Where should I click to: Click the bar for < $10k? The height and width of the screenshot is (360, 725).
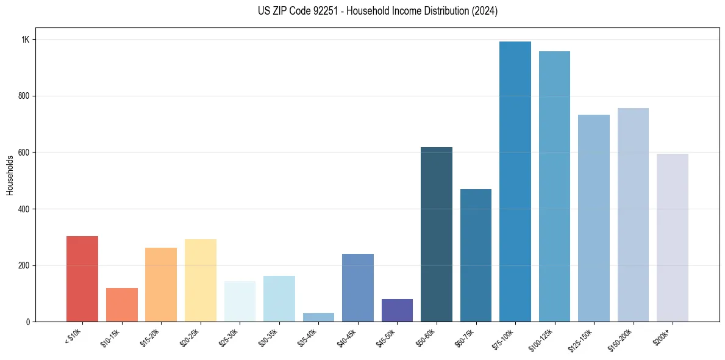click(x=82, y=279)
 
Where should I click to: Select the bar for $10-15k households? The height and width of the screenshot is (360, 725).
click(x=121, y=304)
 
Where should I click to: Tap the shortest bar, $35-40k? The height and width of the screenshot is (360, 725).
click(x=318, y=317)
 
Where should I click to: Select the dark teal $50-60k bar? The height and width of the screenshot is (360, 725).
click(x=437, y=234)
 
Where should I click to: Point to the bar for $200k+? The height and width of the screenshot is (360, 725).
click(x=673, y=238)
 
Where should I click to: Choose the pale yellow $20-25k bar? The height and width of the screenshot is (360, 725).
click(x=201, y=280)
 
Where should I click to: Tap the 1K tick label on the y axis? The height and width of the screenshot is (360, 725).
click(x=25, y=40)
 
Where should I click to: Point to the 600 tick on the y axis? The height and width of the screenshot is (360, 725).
click(x=24, y=153)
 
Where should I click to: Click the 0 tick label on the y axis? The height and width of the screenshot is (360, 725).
click(x=27, y=322)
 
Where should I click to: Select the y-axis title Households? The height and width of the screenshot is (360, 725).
click(x=10, y=175)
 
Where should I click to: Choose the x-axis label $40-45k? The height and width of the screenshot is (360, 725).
click(x=347, y=337)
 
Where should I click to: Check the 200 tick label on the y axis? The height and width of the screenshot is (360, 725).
click(x=24, y=266)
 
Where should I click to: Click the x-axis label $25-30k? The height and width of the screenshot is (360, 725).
click(x=229, y=337)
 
